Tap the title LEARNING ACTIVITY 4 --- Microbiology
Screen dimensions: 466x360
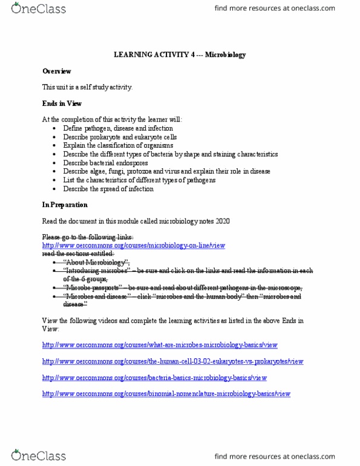pyautogui.click(x=179, y=54)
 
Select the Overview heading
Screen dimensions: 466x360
pyautogui.click(x=56, y=71)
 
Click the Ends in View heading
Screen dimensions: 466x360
pyautogui.click(x=62, y=103)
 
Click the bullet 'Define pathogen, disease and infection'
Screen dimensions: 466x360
pyautogui.click(x=118, y=128)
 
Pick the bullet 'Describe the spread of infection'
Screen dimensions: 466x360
pyautogui.click(x=108, y=189)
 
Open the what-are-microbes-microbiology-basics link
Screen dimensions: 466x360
pyautogui.click(x=160, y=345)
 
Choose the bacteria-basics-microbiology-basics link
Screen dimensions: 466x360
pyautogui.click(x=154, y=378)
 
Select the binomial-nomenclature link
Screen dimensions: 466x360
pyautogui.click(x=166, y=394)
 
